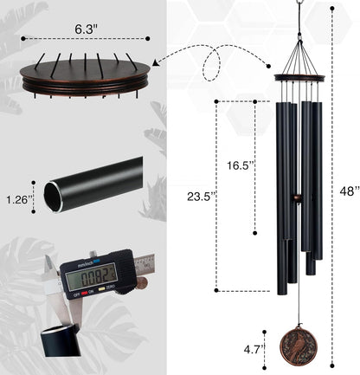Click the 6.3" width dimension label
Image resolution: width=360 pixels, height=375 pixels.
[x=85, y=28]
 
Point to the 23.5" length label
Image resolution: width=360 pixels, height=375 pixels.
[x=198, y=197]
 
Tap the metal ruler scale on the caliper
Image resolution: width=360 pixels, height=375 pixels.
[x=147, y=258]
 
